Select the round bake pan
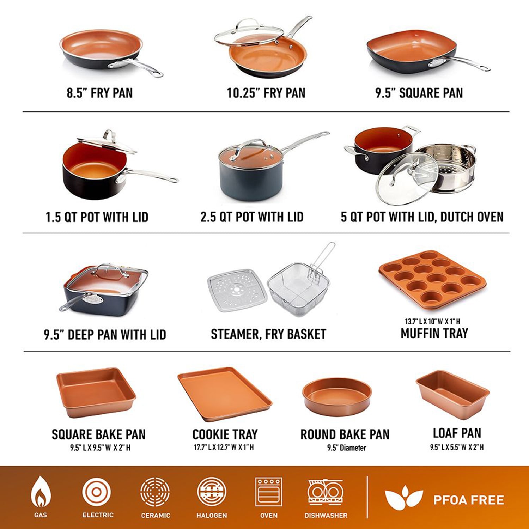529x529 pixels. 337,397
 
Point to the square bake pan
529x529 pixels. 96,392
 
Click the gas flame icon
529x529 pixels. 41,491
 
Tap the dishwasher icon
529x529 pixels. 326,492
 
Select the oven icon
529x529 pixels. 269,492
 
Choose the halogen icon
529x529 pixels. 212,492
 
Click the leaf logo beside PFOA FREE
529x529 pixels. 404,498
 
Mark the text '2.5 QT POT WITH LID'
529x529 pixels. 252,217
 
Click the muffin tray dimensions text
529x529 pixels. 432,321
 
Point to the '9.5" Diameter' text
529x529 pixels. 346,448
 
